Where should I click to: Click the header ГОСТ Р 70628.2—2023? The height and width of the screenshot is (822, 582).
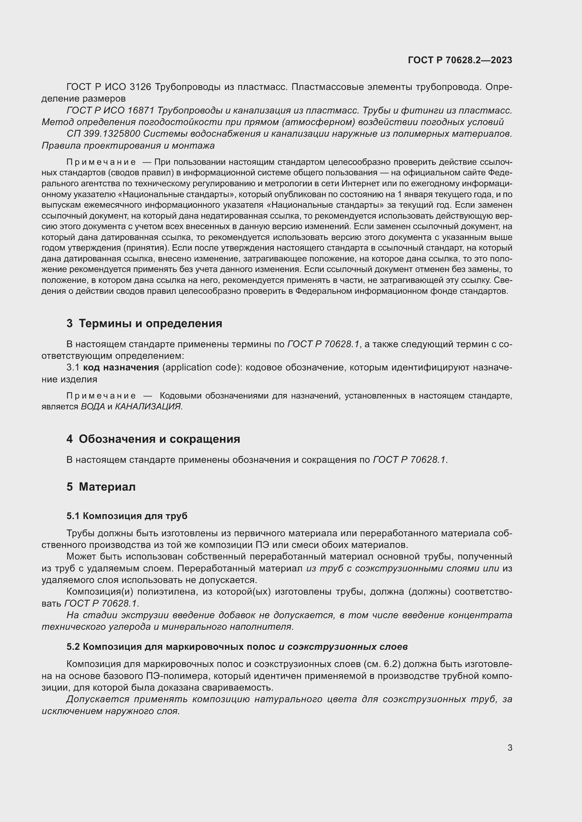tap(460, 60)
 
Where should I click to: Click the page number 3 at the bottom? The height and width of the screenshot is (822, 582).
tap(510, 748)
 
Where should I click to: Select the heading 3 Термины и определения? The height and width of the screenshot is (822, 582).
tap(144, 323)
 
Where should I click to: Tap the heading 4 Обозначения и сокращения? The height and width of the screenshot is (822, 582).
tap(153, 439)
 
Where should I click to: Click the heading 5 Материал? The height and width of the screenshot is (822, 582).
tap(101, 487)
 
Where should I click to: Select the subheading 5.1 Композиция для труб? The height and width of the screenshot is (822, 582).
tap(127, 516)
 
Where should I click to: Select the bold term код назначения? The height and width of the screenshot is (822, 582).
tap(121, 368)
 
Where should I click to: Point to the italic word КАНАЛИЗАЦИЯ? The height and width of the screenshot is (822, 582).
tap(148, 406)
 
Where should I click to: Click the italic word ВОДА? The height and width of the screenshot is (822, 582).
tap(93, 406)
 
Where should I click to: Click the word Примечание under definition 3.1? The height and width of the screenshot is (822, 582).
tap(101, 396)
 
